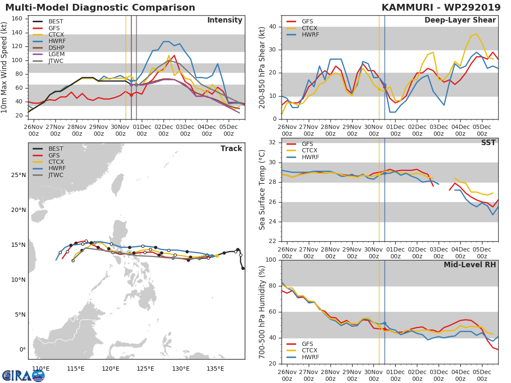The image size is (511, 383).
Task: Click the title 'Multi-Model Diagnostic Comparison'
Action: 100,8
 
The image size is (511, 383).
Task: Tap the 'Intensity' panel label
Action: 224,20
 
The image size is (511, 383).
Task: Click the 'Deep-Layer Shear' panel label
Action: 460,20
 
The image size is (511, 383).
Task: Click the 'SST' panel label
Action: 488,143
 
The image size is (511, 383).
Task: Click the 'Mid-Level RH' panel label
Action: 469,265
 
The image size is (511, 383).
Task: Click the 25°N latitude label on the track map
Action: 19,175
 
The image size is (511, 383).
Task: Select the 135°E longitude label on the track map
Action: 215,369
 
